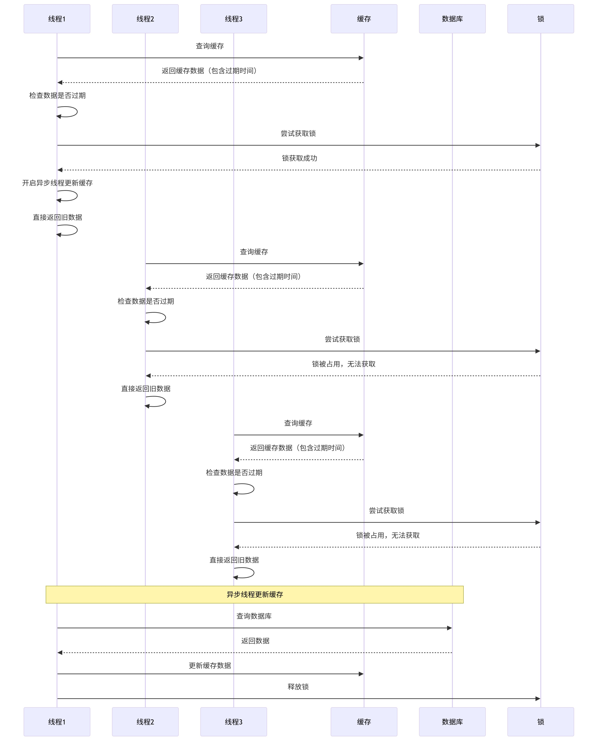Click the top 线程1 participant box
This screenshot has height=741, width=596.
tap(57, 19)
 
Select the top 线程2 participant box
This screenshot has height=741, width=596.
tap(145, 19)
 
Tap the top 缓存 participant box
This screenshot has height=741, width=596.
tap(364, 19)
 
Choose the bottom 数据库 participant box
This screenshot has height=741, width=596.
tap(452, 722)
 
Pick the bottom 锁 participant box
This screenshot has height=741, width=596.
tap(541, 722)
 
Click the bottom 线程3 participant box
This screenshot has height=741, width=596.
tap(233, 722)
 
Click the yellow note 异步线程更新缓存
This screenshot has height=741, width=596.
tap(254, 595)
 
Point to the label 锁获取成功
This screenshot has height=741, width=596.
tap(299, 158)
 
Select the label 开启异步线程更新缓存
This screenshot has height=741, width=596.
tap(57, 183)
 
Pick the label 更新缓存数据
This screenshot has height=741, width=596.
tap(210, 665)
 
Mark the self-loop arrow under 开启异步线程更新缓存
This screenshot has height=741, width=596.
tap(69, 196)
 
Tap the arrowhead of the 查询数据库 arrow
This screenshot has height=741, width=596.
tap(450, 628)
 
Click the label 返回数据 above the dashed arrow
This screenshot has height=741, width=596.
tap(255, 641)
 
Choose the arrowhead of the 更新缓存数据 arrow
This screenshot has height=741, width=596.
tap(361, 674)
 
